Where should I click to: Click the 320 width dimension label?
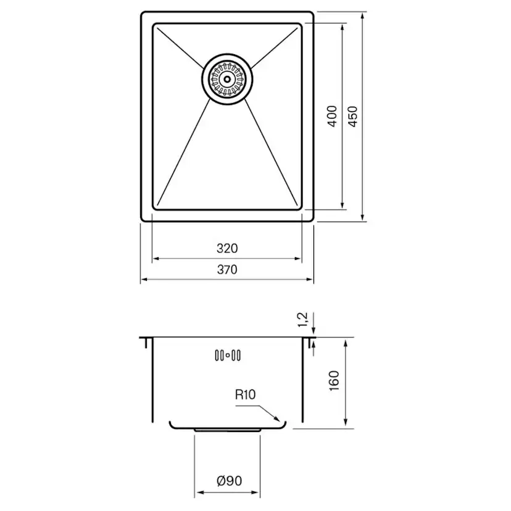[227, 249]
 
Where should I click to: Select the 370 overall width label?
[227, 270]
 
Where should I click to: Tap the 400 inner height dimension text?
[332, 116]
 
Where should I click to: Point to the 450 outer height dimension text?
[353, 116]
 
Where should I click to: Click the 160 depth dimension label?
[334, 381]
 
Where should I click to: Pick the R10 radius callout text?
[245, 395]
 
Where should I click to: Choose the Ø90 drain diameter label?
[229, 481]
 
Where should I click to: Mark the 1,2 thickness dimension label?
[303, 320]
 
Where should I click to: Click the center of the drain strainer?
[227, 79]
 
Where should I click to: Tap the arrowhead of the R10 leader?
[277, 419]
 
